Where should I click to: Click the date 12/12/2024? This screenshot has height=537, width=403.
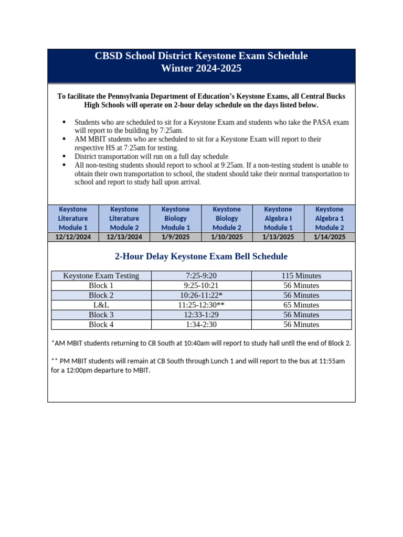click(73, 237)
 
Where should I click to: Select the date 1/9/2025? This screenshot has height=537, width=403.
click(175, 237)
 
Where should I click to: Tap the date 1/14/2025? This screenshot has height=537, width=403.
click(329, 237)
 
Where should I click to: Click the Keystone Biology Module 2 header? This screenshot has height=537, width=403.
click(227, 218)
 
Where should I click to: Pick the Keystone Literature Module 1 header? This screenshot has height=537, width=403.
click(73, 218)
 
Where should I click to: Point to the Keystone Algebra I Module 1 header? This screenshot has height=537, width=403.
click(278, 218)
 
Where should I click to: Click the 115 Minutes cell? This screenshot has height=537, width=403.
click(301, 276)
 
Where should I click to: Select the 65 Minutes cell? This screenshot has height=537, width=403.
click(301, 305)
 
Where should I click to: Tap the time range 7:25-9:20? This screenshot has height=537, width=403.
click(201, 276)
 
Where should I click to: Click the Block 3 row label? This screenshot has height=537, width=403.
click(101, 315)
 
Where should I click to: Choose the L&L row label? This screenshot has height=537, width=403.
click(101, 305)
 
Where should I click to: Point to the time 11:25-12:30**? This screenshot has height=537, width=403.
click(201, 305)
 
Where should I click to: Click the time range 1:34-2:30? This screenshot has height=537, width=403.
click(201, 325)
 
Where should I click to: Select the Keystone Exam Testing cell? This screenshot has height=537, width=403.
click(101, 276)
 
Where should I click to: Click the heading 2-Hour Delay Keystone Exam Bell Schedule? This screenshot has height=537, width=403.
click(201, 256)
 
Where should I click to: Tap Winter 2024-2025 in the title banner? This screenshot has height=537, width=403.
click(201, 69)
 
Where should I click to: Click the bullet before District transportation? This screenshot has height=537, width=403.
click(64, 156)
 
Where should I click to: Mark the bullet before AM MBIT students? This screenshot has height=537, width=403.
click(64, 139)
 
